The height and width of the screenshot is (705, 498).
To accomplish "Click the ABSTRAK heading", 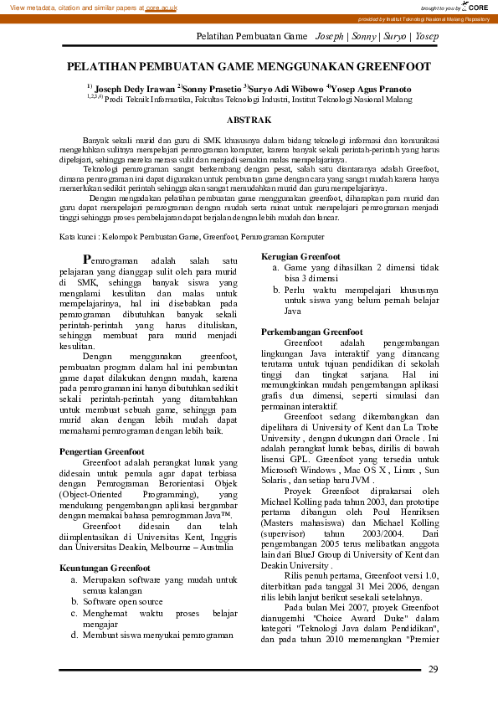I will tap(249, 121).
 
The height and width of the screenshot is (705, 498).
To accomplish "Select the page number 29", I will tap(433, 668).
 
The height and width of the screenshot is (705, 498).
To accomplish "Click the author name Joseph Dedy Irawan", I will tap(135, 88).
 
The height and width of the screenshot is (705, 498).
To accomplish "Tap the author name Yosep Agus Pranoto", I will tap(372, 88).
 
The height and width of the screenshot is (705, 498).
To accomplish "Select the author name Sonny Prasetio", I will tap(212, 88).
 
